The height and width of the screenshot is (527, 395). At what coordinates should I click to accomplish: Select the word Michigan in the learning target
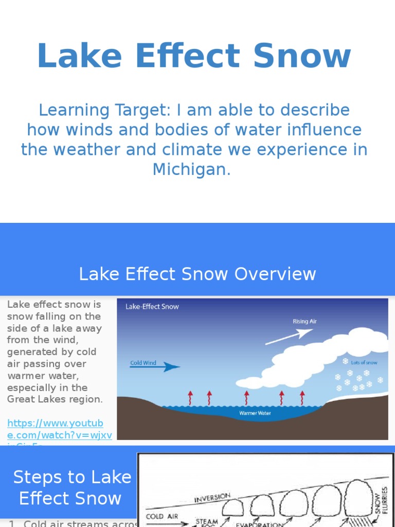point(191,169)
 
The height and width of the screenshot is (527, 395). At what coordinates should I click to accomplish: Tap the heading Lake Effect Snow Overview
point(197,274)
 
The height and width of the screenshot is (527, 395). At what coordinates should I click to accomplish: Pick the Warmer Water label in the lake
point(255,413)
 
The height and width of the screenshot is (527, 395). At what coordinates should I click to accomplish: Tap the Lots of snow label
point(364,362)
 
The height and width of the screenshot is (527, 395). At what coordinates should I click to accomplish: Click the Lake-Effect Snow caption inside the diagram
point(152,307)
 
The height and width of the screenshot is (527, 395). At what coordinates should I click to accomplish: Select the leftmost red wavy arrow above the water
point(190,397)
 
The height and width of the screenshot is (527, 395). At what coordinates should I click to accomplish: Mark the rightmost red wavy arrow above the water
point(302,397)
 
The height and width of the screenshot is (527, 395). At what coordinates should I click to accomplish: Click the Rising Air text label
point(305,321)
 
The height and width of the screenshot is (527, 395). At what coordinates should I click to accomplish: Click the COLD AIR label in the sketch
point(162,516)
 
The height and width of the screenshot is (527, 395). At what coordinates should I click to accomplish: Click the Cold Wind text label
point(143,363)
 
